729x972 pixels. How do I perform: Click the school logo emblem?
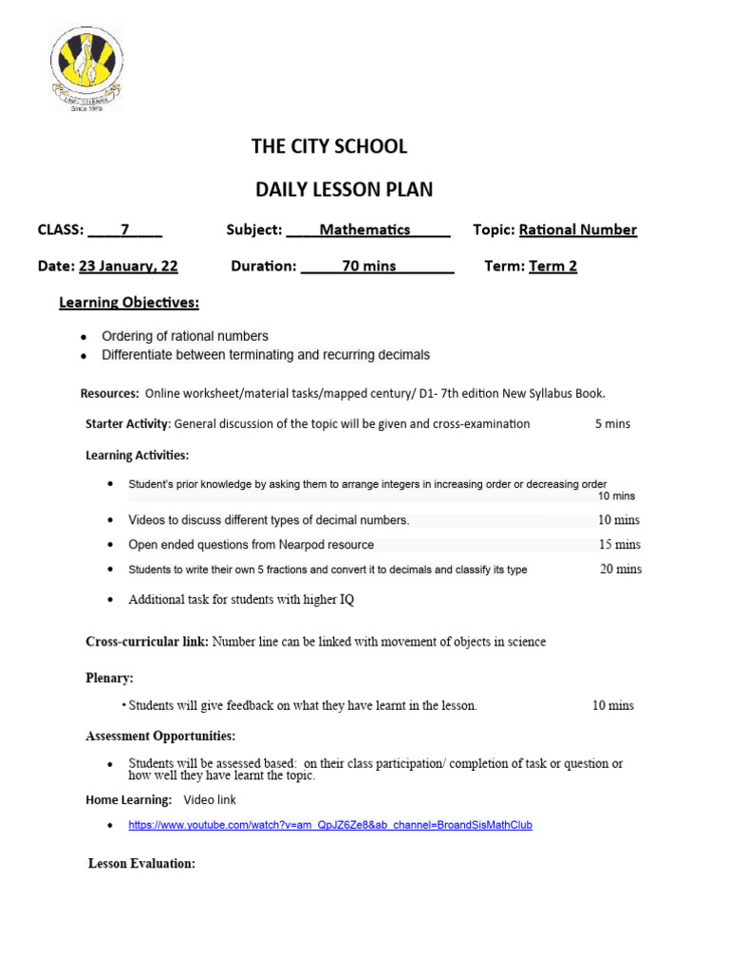(86, 68)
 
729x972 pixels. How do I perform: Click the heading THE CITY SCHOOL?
(328, 146)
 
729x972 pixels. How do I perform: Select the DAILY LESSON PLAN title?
(344, 189)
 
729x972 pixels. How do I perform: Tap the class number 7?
(124, 230)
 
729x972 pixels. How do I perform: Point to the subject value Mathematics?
(364, 230)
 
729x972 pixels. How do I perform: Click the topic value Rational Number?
(578, 230)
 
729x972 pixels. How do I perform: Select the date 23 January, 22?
(128, 266)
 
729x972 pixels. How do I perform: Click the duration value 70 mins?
(369, 266)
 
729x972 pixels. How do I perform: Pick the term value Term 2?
(552, 266)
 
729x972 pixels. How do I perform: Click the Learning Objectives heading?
(129, 303)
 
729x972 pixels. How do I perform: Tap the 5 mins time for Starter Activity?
(612, 423)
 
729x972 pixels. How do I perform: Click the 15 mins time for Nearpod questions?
(619, 545)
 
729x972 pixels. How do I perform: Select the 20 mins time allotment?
(620, 570)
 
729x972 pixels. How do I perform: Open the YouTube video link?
(330, 826)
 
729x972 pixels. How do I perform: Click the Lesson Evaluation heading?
(141, 864)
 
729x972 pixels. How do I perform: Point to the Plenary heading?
(110, 678)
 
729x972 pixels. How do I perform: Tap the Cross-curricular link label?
(147, 642)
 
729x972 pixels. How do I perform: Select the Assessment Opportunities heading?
(160, 736)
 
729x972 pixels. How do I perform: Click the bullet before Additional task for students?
(111, 600)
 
